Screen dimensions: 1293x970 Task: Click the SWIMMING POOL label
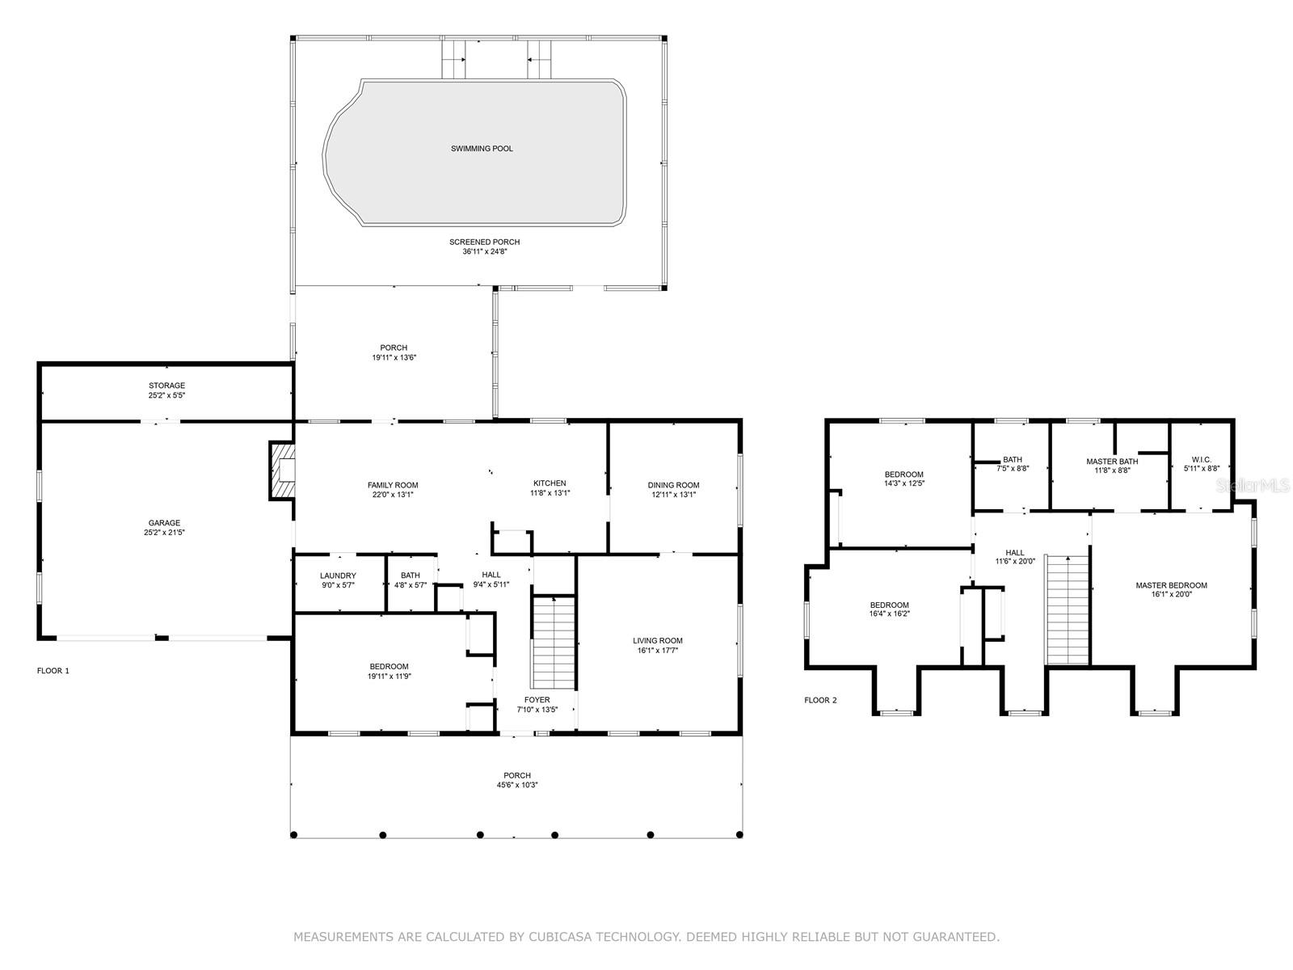(482, 149)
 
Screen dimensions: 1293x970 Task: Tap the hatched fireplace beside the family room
(281, 470)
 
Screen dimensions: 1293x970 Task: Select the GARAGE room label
(164, 522)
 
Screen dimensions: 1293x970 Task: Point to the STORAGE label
(166, 386)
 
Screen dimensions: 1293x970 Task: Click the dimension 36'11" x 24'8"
(485, 251)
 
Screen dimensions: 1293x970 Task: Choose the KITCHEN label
(550, 483)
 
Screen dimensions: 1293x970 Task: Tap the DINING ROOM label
(673, 485)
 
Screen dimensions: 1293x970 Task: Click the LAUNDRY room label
(338, 576)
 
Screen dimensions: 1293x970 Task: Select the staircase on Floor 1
(553, 642)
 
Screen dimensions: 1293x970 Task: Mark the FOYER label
(537, 700)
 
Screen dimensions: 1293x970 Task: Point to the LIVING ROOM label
(657, 641)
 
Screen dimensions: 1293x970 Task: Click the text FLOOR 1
(53, 670)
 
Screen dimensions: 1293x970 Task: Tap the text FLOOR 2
(820, 700)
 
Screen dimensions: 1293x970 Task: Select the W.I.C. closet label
(1201, 459)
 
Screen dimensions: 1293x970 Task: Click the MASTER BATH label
(1112, 461)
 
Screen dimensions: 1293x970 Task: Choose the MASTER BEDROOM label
(1171, 584)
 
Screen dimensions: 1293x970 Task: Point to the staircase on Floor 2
(1067, 609)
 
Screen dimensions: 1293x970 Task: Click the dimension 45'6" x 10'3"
(517, 784)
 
